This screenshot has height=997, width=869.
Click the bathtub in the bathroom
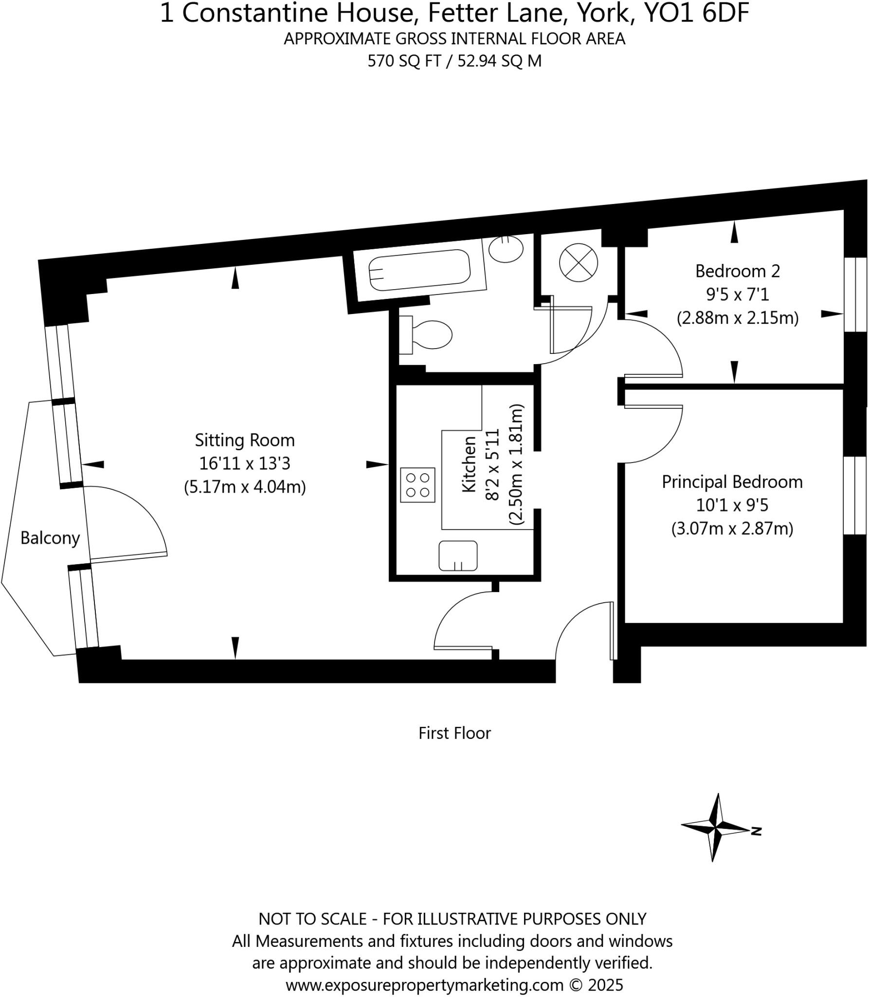[x=419, y=271]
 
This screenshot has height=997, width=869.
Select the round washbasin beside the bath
[x=506, y=249]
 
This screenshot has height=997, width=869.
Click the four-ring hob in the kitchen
[x=417, y=485]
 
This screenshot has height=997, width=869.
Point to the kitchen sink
[x=458, y=555]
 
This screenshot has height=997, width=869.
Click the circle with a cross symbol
[x=578, y=263]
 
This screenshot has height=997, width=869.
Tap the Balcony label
[x=50, y=538]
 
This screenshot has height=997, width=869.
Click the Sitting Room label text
[x=245, y=440]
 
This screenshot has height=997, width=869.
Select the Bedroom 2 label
[x=737, y=271]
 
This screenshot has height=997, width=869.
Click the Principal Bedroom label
[x=732, y=482]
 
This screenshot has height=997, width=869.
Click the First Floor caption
[x=454, y=733]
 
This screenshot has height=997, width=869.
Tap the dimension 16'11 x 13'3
[x=245, y=463]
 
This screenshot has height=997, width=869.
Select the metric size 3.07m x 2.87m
[x=732, y=529]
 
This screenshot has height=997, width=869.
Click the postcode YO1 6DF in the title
[x=696, y=14]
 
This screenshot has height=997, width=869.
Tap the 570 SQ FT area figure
[x=404, y=61]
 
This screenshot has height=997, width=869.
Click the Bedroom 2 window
[x=855, y=295]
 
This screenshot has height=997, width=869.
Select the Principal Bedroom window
[x=855, y=495]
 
